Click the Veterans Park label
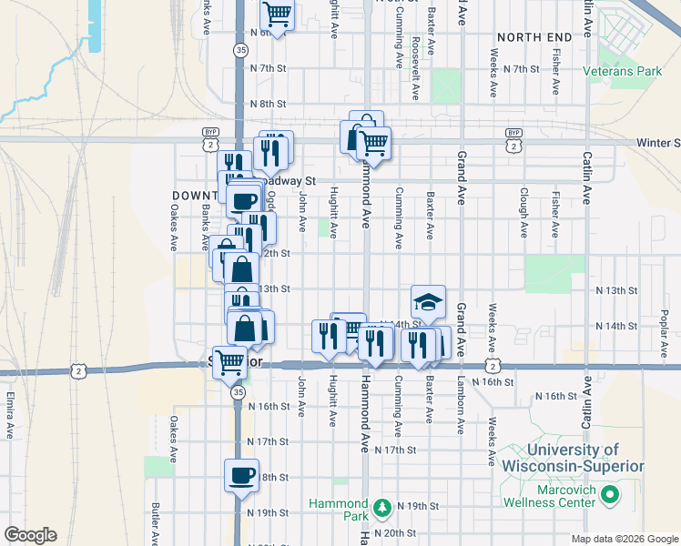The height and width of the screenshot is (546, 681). coord(636,70)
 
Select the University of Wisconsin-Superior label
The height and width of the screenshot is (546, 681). coord(572,458)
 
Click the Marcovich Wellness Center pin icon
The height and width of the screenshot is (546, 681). coord(609,496)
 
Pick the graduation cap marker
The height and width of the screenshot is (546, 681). coord(429,300)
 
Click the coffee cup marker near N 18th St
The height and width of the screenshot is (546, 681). coord(242,476)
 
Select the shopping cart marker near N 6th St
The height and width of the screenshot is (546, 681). coord(277,15)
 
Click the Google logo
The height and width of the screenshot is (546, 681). coord(30,535)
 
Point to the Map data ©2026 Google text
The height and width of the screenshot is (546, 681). coord(624,539)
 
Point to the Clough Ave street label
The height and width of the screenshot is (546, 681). coord(524,212)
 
